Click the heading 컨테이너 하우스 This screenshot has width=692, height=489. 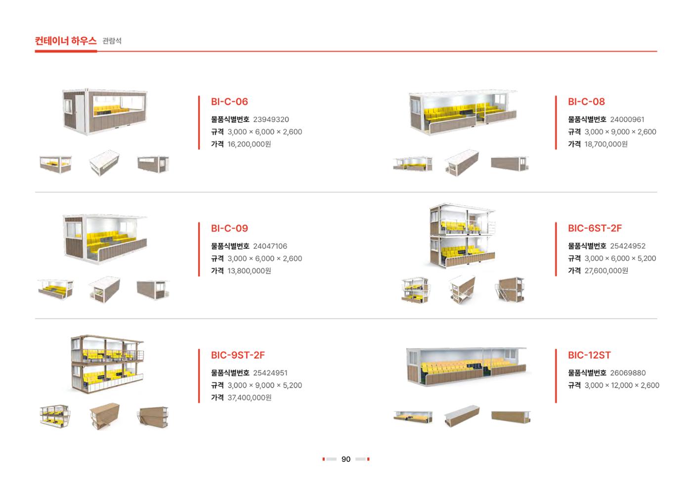(65, 41)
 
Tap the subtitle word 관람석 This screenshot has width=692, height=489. (112, 41)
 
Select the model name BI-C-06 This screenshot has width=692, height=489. (229, 102)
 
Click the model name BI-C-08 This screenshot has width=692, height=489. (586, 102)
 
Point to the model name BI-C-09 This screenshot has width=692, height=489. (229, 228)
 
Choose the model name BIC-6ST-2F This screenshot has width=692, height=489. (595, 228)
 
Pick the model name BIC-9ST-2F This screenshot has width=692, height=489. (238, 355)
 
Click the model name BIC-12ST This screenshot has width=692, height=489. (589, 355)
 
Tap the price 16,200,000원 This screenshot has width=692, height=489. (249, 144)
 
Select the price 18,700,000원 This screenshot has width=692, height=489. (606, 144)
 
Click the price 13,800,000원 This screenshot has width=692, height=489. (249, 271)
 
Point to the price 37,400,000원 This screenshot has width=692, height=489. (249, 398)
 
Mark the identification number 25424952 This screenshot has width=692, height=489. (628, 246)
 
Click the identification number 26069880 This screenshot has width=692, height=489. (628, 373)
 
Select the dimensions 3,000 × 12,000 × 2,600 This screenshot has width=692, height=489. (622, 385)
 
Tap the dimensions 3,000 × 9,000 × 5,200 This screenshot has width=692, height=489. (265, 385)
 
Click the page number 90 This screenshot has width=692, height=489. (346, 459)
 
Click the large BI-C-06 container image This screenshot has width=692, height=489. (105, 112)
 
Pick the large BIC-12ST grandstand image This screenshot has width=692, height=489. (467, 366)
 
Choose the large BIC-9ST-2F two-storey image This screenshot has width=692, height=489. (107, 364)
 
